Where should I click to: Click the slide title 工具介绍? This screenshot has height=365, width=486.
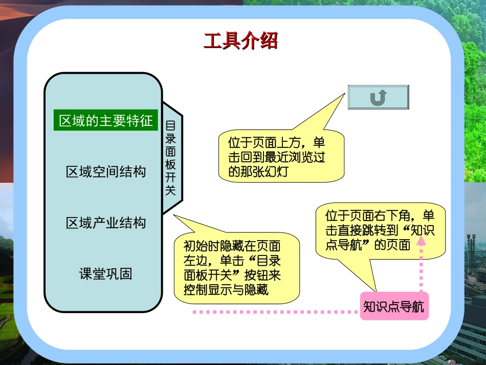pos(240,41)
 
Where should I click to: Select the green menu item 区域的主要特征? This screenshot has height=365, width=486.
pos(106,121)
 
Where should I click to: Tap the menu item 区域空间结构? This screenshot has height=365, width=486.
pos(106,171)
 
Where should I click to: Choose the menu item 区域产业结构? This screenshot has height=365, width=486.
pos(106,223)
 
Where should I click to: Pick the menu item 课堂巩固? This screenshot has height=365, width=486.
pos(106,273)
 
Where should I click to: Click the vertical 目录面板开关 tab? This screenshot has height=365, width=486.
pos(171,158)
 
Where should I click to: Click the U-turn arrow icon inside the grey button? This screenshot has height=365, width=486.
pos(378,97)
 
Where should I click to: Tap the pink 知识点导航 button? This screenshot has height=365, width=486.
pos(393,307)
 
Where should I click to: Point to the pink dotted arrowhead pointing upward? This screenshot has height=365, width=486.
pos(421,245)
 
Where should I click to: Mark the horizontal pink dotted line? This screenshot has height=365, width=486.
pos(276,311)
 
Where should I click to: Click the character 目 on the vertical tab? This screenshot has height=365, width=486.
pos(171,125)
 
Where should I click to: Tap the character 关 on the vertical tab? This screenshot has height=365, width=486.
pos(171,190)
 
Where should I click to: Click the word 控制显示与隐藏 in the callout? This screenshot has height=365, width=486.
pos(226,290)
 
